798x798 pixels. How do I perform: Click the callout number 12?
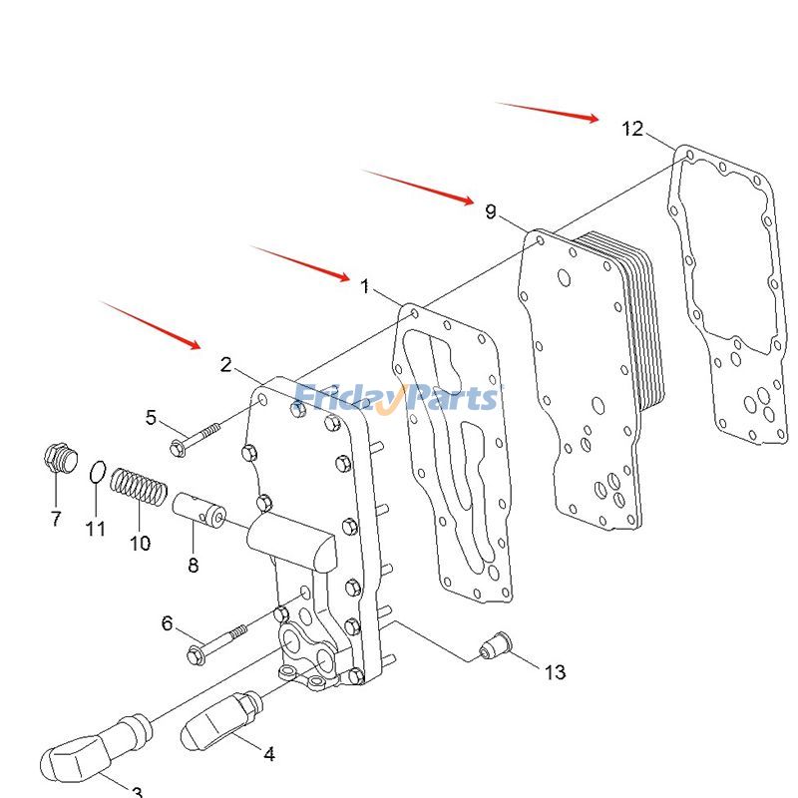[632, 129]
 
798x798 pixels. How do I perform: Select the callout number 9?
[490, 211]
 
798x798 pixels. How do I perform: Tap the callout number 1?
[365, 287]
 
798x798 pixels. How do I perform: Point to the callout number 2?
[226, 365]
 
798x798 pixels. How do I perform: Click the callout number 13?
[555, 672]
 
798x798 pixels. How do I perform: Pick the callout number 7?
[56, 519]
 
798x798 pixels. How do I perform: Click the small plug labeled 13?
[495, 645]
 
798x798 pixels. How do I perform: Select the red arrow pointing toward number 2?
[151, 325]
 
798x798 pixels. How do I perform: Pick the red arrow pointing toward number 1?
[299, 262]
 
